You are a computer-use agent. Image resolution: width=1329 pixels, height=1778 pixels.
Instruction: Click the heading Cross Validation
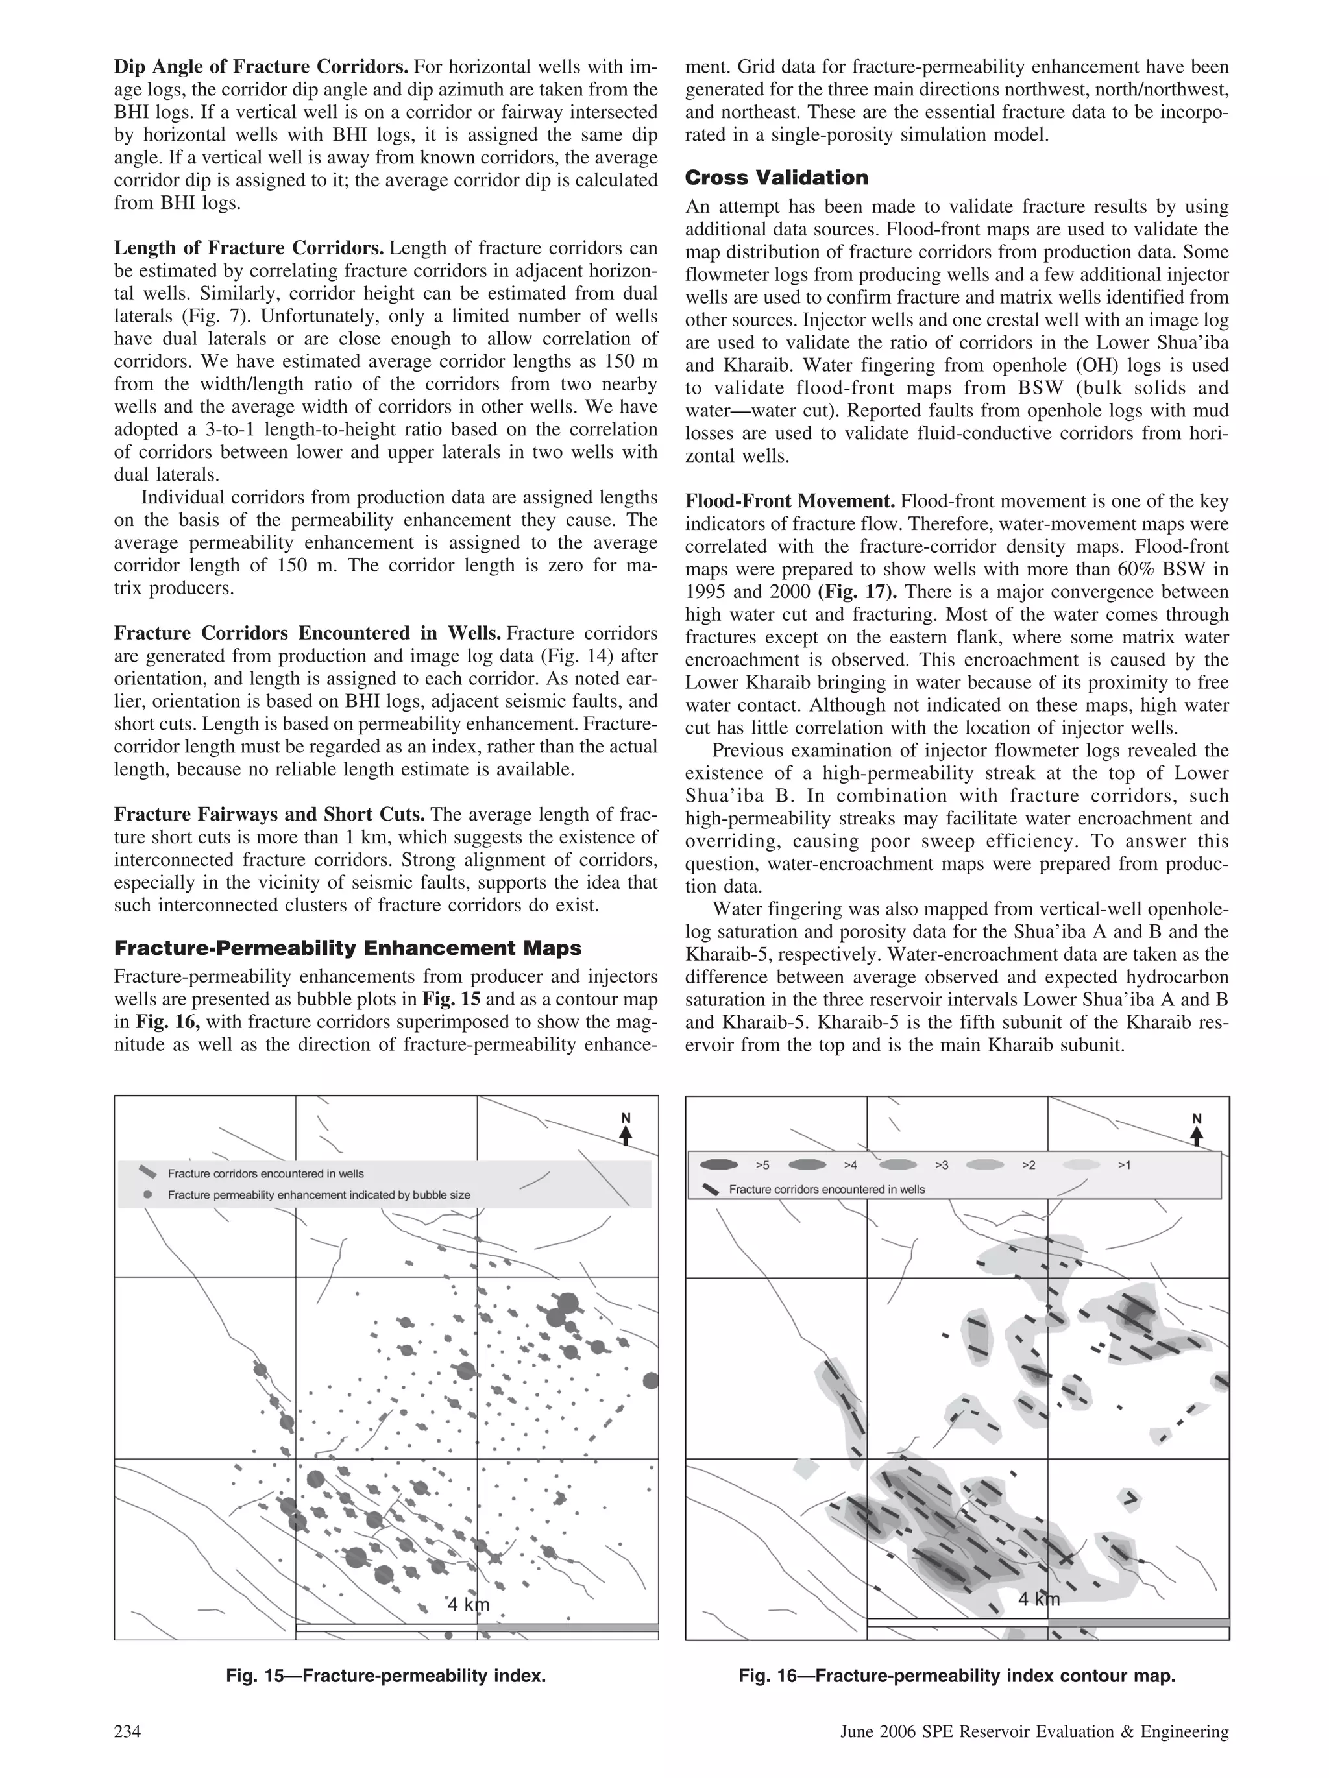tap(776, 178)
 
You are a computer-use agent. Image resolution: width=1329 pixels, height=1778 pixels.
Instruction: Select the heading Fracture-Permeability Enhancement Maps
tap(347, 948)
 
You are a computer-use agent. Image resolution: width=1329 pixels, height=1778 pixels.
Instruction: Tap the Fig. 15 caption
tap(386, 1676)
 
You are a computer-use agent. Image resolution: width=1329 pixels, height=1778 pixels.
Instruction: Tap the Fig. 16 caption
tap(957, 1676)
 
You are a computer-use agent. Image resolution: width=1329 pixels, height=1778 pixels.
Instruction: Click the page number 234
tap(127, 1731)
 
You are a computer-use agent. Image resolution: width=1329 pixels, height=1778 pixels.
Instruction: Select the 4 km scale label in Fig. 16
tap(1039, 1600)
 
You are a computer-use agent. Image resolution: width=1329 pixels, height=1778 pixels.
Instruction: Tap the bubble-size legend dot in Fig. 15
tap(147, 1194)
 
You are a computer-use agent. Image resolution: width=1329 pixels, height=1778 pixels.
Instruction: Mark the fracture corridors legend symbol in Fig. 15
tap(147, 1172)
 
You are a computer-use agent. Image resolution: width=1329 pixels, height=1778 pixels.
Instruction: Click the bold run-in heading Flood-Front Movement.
tap(790, 501)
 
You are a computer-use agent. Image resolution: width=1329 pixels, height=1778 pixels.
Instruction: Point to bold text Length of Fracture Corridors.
tap(249, 248)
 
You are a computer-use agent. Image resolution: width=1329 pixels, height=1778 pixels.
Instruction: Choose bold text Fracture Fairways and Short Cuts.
tap(269, 815)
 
